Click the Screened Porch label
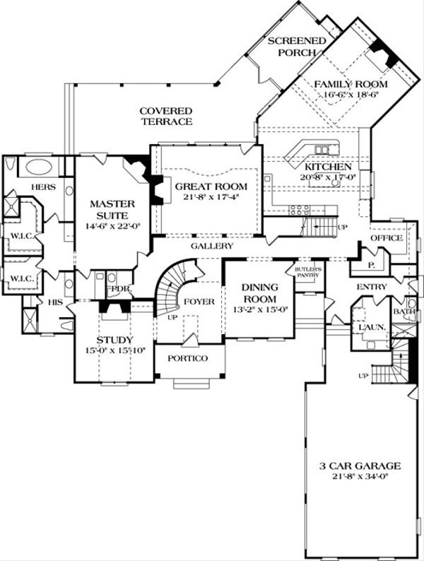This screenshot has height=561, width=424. click(x=298, y=47)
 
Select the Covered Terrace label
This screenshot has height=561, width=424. click(x=165, y=117)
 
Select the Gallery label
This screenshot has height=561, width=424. click(x=211, y=246)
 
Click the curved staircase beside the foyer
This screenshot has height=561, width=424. click(x=170, y=290)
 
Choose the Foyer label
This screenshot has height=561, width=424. click(x=199, y=302)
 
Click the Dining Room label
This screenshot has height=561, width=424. click(x=259, y=293)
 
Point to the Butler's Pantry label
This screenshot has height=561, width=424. click(x=308, y=273)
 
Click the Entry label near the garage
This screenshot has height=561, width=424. click(x=371, y=286)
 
